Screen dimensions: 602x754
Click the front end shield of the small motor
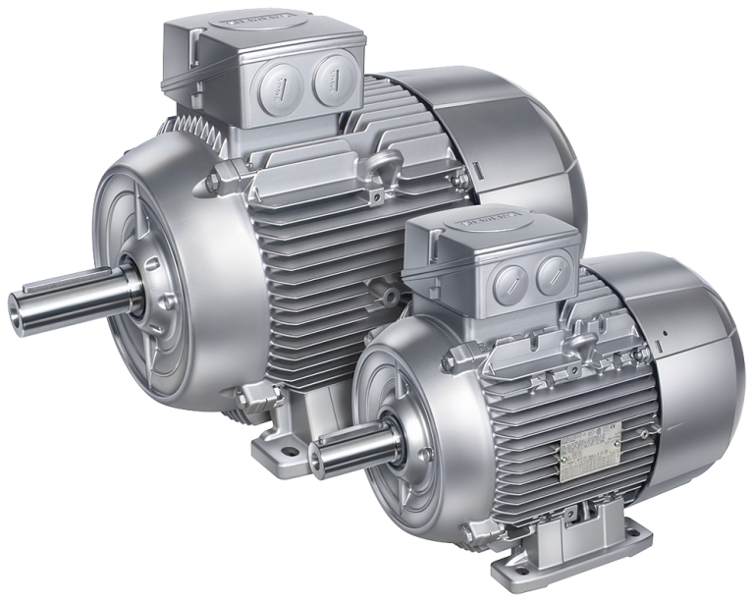pyautogui.click(x=403, y=412)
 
